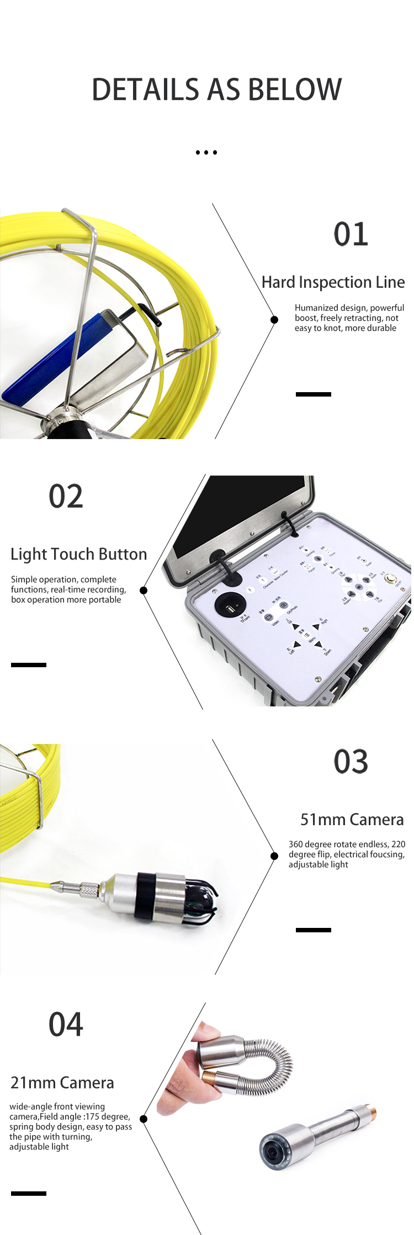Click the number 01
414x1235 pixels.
351,234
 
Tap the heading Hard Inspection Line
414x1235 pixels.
333,282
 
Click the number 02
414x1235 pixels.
66,497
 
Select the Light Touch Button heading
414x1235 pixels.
79,554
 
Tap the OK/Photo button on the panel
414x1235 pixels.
283,605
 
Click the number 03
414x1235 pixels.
351,762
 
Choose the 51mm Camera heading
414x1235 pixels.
352,820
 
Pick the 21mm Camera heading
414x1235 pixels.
62,1083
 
